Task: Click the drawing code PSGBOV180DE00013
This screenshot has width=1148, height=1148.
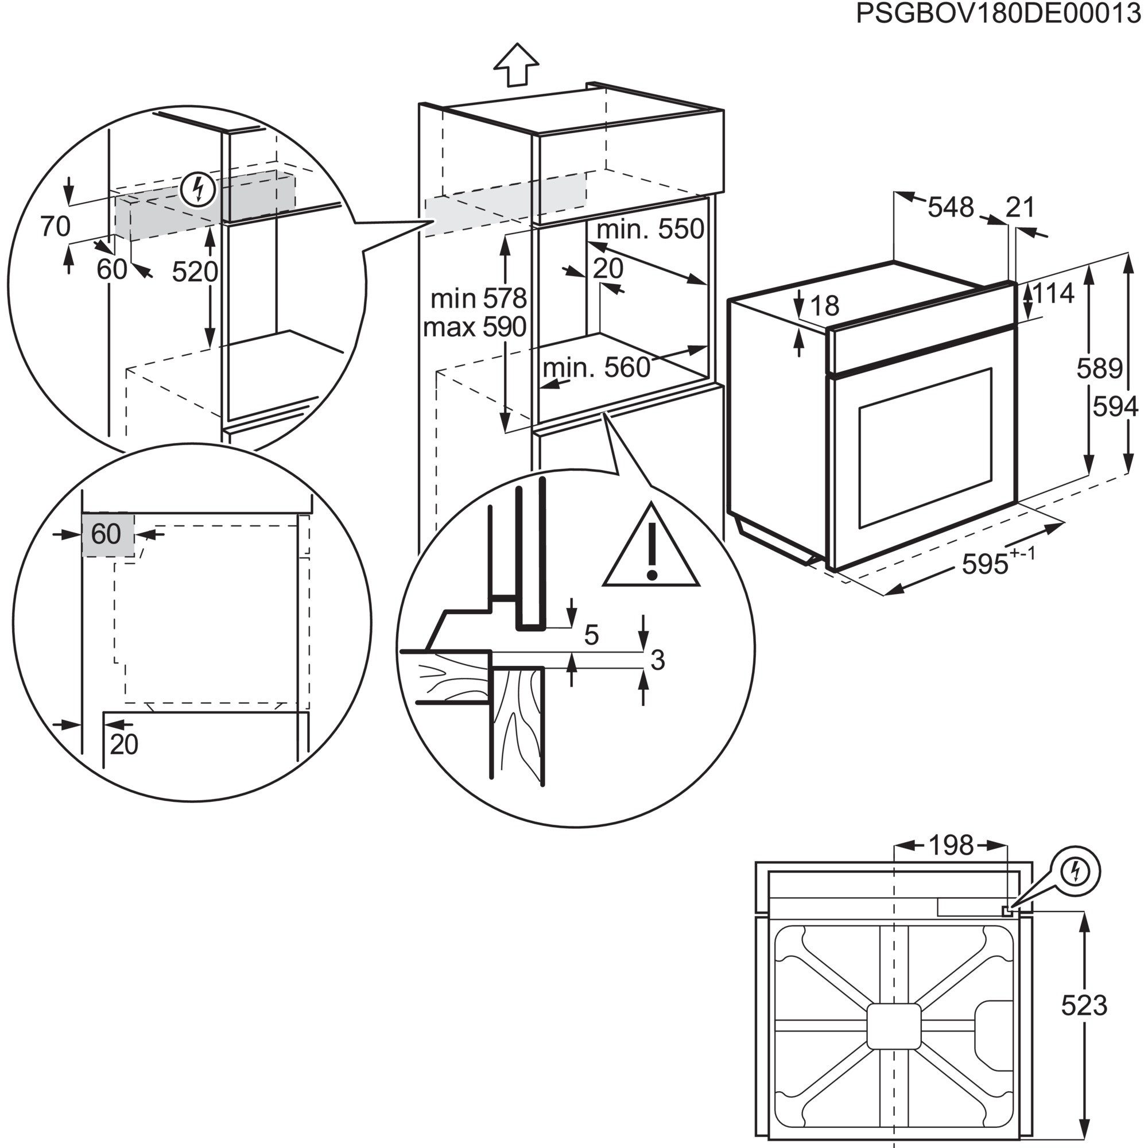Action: tap(998, 14)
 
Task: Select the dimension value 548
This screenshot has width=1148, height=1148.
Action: tap(951, 207)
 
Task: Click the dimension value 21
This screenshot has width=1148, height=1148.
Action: tap(1020, 207)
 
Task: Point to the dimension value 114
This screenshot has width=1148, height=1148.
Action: tap(1053, 293)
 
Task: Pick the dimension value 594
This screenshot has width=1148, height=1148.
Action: tap(1115, 407)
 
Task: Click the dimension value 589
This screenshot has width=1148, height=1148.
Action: tap(1099, 369)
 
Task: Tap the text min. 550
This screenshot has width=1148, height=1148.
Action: tap(650, 230)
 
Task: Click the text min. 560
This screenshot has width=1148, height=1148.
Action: tap(596, 369)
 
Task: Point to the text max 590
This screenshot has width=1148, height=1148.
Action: tap(475, 327)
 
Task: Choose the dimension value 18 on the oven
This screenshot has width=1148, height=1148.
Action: tap(824, 307)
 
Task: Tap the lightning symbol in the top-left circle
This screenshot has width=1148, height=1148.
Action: tap(199, 189)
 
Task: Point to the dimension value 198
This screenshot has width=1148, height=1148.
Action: tap(951, 846)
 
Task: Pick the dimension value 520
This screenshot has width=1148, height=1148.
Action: tap(195, 272)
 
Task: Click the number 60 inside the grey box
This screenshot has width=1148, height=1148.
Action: tap(106, 534)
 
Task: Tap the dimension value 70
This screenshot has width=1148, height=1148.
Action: tap(55, 226)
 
